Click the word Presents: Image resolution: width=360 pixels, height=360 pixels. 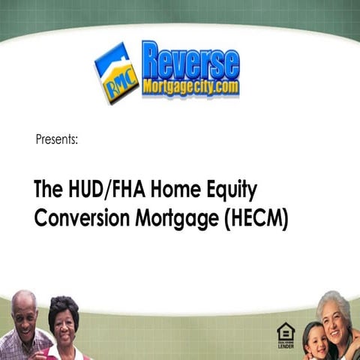pyautogui.click(x=56, y=139)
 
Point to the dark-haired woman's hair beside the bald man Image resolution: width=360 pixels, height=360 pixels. pyautogui.click(x=64, y=304)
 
